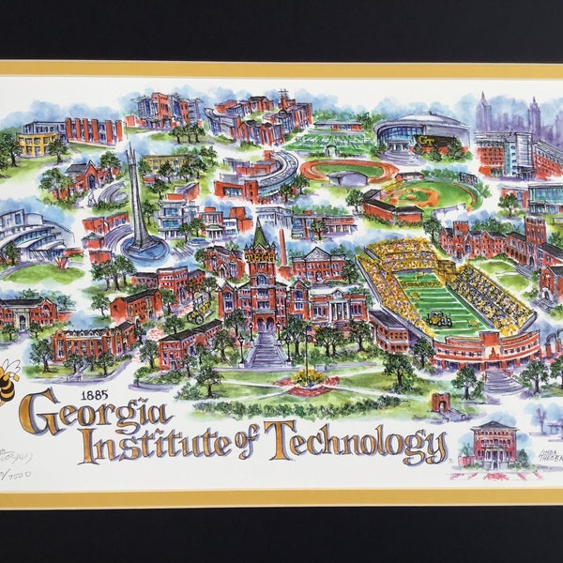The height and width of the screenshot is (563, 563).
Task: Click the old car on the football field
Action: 439,320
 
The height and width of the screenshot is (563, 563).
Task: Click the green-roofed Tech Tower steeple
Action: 260,235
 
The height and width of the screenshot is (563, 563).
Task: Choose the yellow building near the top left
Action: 36,143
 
